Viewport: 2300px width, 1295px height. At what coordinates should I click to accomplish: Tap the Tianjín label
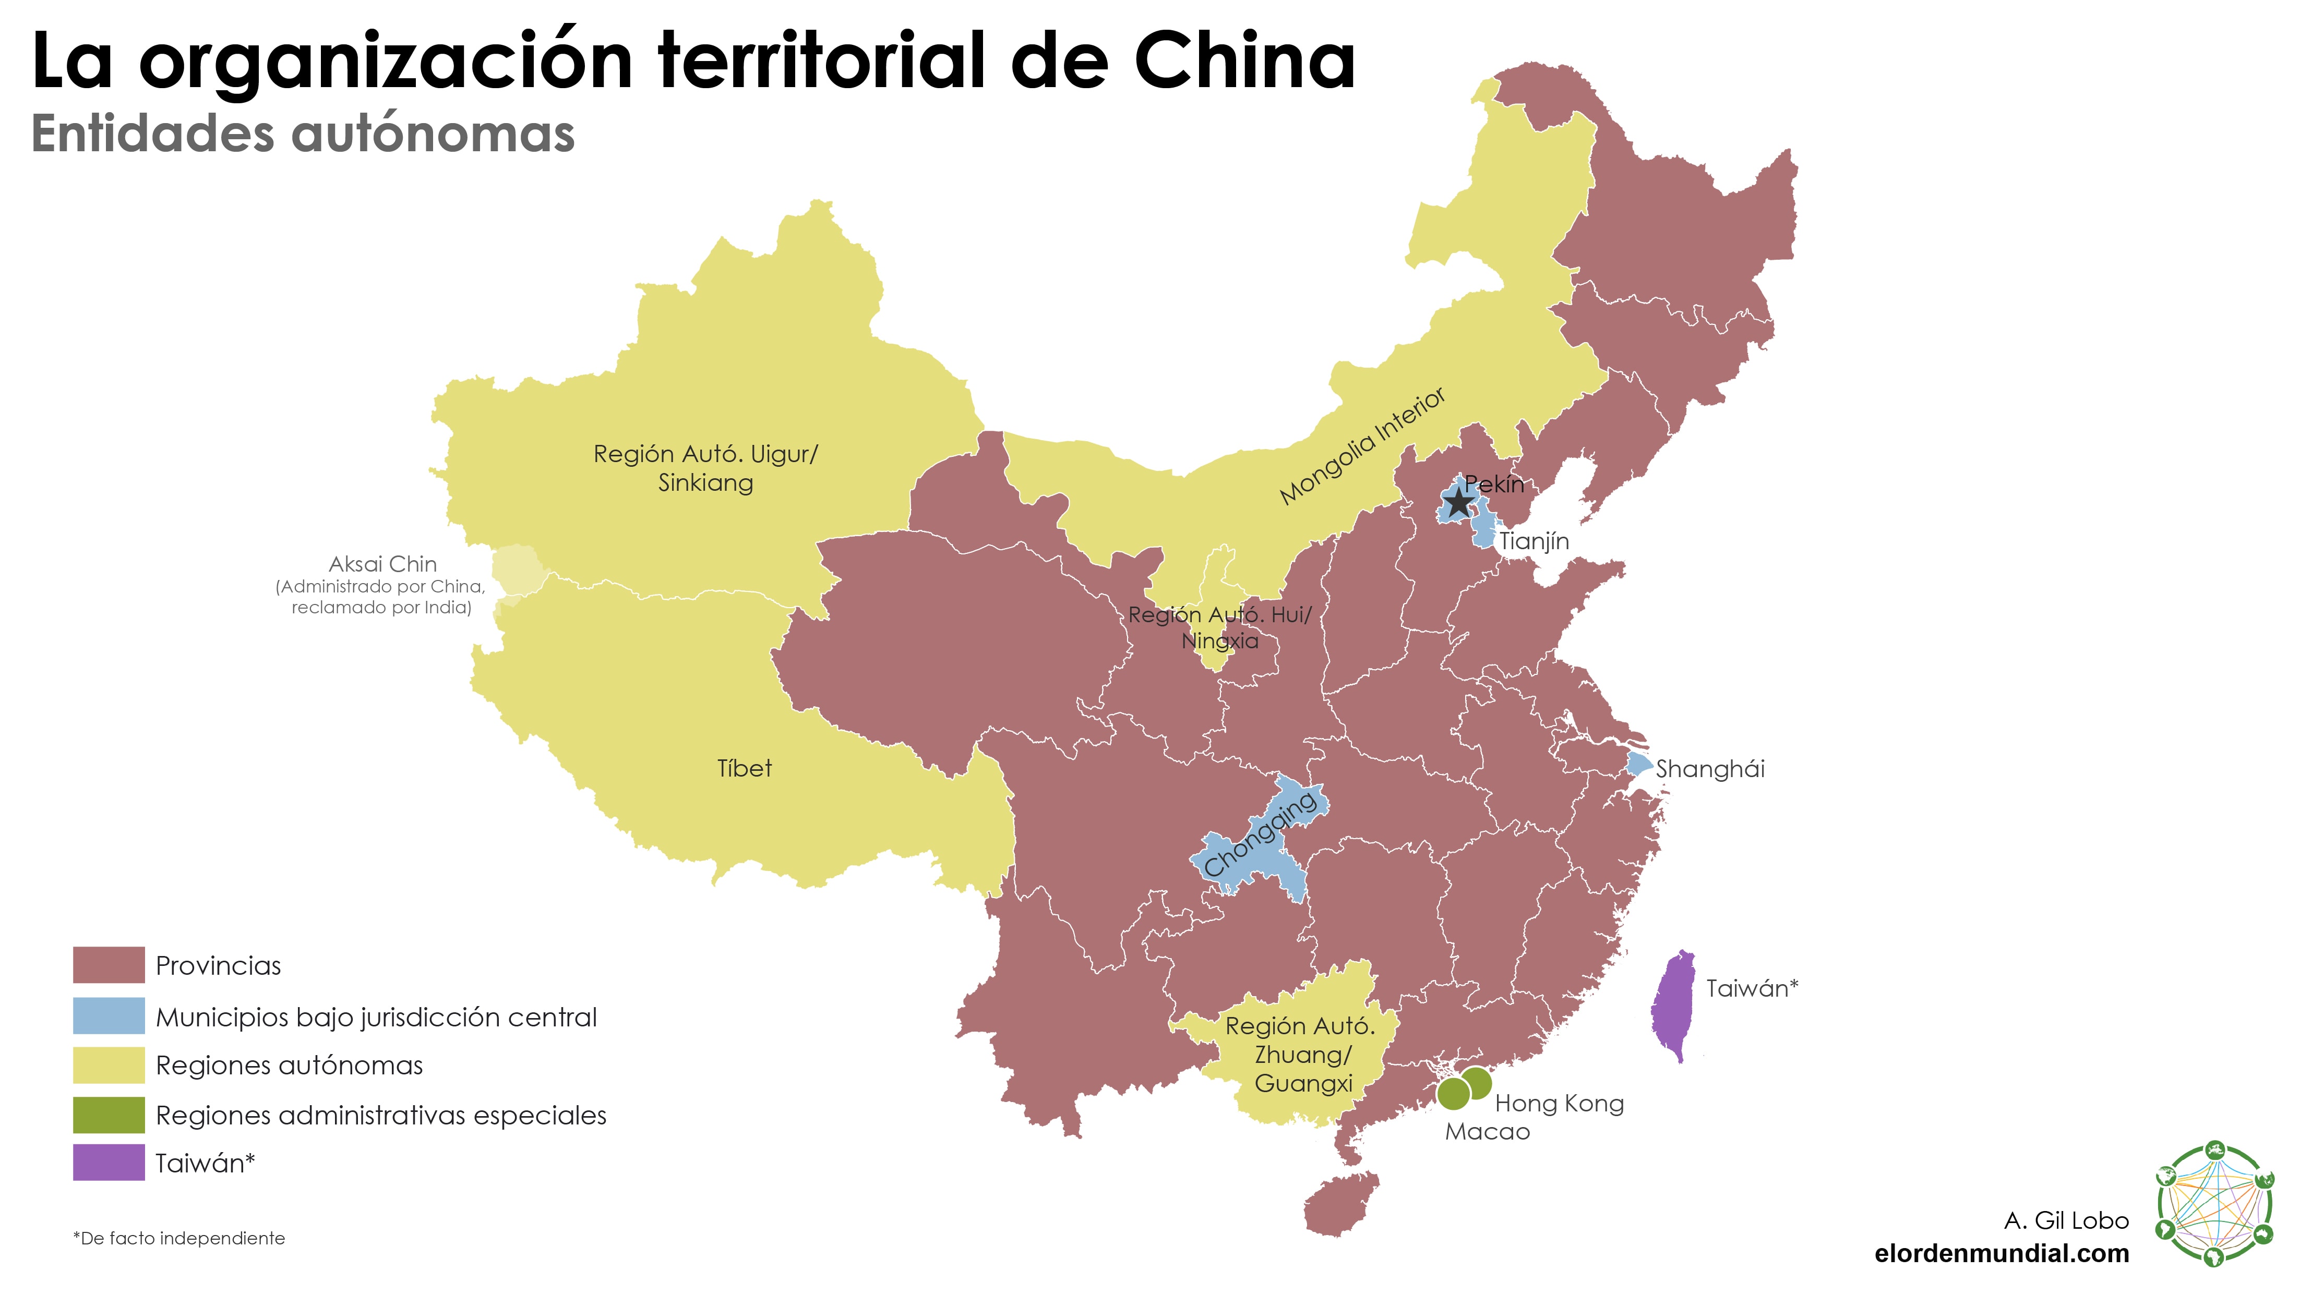tap(1534, 541)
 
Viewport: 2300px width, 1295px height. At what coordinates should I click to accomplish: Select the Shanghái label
tap(1710, 769)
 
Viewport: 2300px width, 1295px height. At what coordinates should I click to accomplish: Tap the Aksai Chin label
tap(382, 564)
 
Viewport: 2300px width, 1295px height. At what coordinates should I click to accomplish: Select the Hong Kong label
tap(1559, 1104)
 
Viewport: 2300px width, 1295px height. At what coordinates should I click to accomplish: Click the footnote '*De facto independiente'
tap(178, 1239)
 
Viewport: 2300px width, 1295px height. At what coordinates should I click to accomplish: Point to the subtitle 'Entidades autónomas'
tap(303, 134)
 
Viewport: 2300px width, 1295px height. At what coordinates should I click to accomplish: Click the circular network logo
tap(2213, 1204)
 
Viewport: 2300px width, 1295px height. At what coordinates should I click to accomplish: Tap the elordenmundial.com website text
tap(2002, 1254)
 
